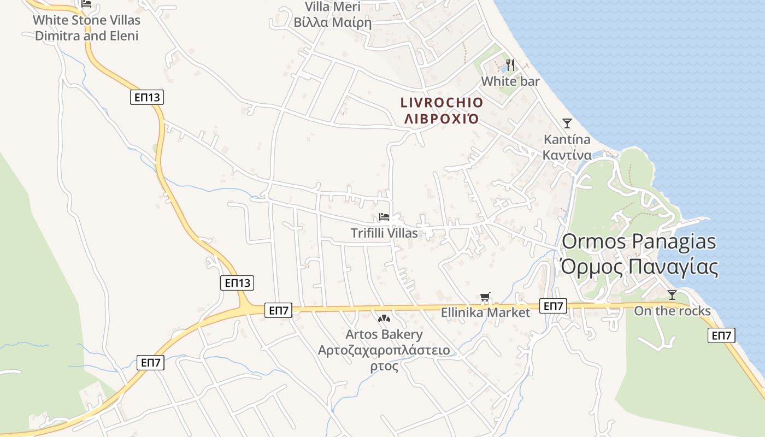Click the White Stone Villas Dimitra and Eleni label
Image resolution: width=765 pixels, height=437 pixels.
[x=86, y=28]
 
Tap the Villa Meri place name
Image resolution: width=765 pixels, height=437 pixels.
[x=333, y=7]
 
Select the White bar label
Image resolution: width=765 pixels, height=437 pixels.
[x=510, y=82]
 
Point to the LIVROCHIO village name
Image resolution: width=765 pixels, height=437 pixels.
[x=442, y=103]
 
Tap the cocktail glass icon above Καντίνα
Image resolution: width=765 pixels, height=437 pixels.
[x=567, y=123]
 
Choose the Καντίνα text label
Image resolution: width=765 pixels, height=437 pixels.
[x=567, y=155]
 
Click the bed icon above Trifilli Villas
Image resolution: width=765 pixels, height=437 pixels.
[x=384, y=217]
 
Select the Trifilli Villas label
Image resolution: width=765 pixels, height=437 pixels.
[x=384, y=233]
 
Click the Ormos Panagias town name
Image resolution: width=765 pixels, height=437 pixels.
[x=639, y=241]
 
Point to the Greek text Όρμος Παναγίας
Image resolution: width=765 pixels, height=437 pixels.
[x=639, y=267]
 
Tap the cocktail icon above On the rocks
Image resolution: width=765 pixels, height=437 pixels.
[x=672, y=295]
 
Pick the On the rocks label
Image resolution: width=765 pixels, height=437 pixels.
[x=672, y=311]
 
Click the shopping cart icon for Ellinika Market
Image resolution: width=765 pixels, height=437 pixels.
[x=485, y=298]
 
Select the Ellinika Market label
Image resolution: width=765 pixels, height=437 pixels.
[x=486, y=313]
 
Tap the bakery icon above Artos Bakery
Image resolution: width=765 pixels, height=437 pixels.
[x=384, y=318]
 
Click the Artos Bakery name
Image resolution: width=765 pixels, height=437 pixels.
[x=384, y=334]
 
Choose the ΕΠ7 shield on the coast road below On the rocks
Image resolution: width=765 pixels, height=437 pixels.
[x=721, y=335]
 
